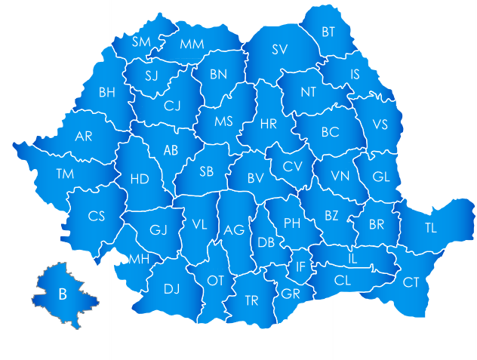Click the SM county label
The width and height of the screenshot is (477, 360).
coord(141,42)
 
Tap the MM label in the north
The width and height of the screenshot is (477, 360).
coord(192,44)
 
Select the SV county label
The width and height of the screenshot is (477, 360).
coord(280,50)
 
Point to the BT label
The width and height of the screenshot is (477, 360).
coord(328,32)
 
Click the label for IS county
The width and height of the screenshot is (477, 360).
coord(355,74)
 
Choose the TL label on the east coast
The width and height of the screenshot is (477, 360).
coord(430,227)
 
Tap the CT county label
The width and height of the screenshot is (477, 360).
coord(411,282)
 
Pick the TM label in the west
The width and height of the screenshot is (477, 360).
coord(65,174)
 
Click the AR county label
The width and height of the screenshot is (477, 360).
coord(84,137)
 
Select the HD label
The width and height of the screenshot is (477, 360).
coord(140,179)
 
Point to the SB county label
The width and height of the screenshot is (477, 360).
coord(207,171)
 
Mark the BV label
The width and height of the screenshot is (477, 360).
coord(256,179)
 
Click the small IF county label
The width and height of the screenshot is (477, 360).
coord(300,266)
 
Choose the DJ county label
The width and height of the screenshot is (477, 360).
coord(172,288)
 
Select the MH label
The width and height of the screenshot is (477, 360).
coord(139,259)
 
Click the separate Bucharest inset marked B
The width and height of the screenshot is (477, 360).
coord(64,294)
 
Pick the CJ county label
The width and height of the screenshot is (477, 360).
coord(173,106)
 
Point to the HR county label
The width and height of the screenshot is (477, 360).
coord(268,123)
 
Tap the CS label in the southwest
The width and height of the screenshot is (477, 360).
coord(96,216)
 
